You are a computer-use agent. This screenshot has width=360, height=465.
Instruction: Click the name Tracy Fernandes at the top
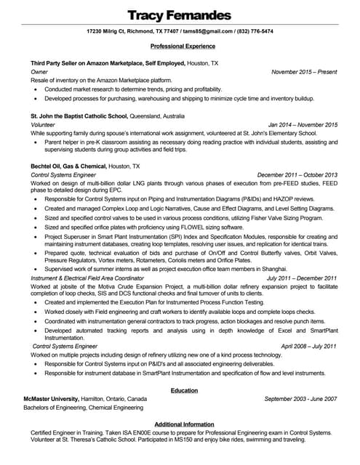[x=179, y=15]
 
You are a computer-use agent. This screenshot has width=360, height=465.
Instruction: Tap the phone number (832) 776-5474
[x=255, y=32]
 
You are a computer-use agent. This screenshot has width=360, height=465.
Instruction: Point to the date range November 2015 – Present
[x=304, y=72]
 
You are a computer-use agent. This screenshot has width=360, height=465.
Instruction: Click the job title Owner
[x=39, y=72]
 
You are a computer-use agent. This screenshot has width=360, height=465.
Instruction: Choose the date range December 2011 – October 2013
[x=297, y=175]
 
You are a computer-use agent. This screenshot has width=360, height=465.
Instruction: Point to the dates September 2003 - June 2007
[x=300, y=399]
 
